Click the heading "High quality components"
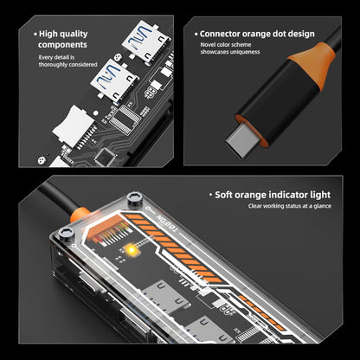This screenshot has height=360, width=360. click(x=63, y=39)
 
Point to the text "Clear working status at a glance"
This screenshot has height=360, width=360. click(x=290, y=206)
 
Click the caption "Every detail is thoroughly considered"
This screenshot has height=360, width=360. click(x=67, y=61)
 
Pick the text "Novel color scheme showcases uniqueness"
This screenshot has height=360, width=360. click(x=230, y=48)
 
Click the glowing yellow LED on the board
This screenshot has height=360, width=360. click(x=132, y=250)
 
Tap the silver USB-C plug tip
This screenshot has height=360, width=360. click(x=238, y=142)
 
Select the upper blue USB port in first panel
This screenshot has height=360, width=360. click(x=145, y=39)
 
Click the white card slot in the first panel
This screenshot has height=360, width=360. click(x=74, y=126)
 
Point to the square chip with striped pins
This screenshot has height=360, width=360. click(x=125, y=119)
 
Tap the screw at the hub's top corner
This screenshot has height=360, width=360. click(x=135, y=199)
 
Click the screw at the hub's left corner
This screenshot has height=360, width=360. click(x=67, y=234)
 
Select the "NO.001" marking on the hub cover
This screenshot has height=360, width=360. click(x=166, y=222)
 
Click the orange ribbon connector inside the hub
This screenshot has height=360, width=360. click(x=106, y=228)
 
